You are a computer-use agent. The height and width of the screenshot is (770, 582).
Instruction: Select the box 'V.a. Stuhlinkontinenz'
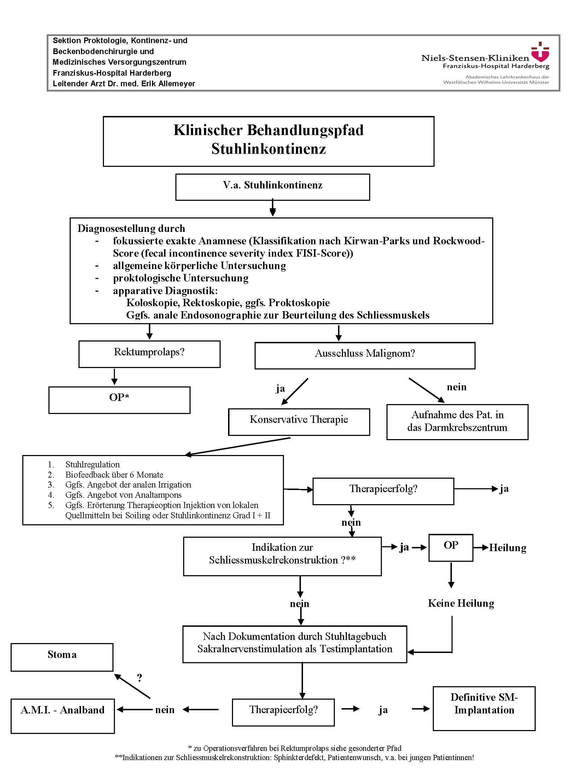click(x=273, y=187)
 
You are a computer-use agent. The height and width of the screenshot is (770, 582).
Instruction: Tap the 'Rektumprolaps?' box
click(x=149, y=354)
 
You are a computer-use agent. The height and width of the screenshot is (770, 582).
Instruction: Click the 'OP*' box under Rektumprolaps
click(x=119, y=399)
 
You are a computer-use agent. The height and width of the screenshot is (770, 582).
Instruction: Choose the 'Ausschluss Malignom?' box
click(x=365, y=355)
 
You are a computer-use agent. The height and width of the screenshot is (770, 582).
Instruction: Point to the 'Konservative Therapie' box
click(x=299, y=421)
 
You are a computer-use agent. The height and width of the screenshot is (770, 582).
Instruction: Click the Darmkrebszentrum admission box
click(x=457, y=421)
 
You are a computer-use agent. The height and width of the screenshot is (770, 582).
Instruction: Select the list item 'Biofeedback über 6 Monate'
click(x=114, y=474)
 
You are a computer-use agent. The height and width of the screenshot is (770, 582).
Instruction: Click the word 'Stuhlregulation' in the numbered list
click(x=93, y=464)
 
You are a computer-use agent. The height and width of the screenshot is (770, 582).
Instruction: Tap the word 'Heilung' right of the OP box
click(x=507, y=548)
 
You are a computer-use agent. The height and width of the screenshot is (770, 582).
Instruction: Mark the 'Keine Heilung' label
click(x=461, y=603)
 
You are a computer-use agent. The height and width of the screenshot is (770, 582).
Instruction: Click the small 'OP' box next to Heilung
click(x=450, y=547)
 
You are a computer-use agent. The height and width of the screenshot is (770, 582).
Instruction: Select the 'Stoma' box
click(x=62, y=657)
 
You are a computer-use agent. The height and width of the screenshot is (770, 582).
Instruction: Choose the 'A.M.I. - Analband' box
click(x=63, y=716)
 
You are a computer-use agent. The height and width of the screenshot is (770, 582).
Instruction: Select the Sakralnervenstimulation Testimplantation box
click(x=295, y=644)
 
